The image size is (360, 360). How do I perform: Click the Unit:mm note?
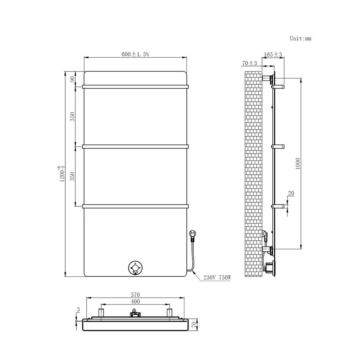300,38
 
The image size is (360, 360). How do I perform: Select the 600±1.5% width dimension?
135,54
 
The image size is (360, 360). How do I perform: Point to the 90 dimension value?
72,79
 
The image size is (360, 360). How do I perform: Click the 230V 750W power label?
217,278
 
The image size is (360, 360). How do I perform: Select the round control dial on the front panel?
136,268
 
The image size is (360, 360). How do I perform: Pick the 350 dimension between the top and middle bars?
72,117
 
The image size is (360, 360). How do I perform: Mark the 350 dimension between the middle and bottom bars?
72,176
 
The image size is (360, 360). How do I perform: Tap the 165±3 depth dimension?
273,54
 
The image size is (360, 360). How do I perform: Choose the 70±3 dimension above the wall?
250,63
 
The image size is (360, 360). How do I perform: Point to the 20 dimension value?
291,193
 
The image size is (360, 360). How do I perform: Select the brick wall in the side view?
253,168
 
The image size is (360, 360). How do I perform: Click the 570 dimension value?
135,295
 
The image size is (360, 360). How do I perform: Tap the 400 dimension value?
135,301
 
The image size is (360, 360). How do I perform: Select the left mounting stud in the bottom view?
101,312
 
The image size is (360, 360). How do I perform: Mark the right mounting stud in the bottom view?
169,312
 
